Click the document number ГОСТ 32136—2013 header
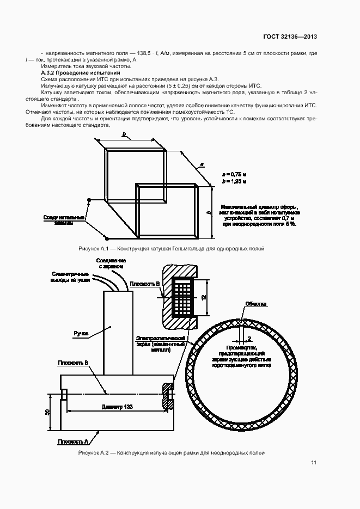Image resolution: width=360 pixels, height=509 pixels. click(290, 37)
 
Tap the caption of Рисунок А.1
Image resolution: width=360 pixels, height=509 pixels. click(172, 248)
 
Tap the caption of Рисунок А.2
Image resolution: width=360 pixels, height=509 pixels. click(172, 452)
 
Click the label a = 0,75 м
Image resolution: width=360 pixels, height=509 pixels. click(234, 174)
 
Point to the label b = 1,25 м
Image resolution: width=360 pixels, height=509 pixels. click(234, 181)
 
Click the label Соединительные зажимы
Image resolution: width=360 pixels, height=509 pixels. click(64, 220)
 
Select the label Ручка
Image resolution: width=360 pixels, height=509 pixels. click(81, 332)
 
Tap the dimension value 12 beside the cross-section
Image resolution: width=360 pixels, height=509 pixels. click(203, 297)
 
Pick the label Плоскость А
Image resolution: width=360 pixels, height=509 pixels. click(72, 441)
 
